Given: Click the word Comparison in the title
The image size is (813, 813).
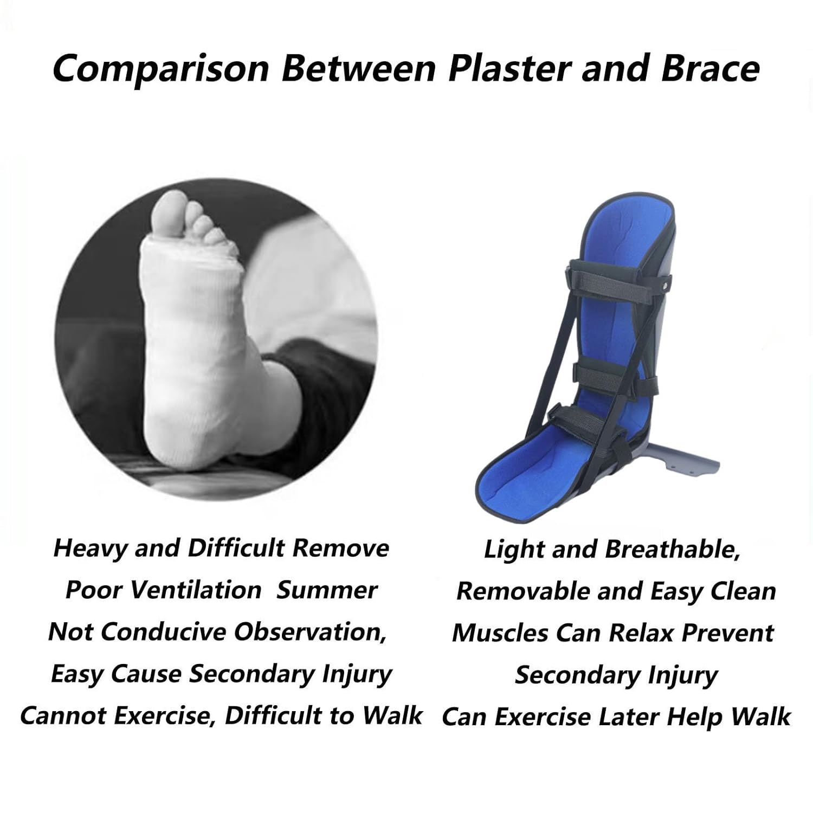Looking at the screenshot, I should click(x=160, y=69).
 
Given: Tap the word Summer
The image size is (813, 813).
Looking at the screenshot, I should click(x=326, y=590).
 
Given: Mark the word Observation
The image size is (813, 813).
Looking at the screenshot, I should click(x=311, y=632).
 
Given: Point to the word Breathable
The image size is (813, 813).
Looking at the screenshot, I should click(x=672, y=550).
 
